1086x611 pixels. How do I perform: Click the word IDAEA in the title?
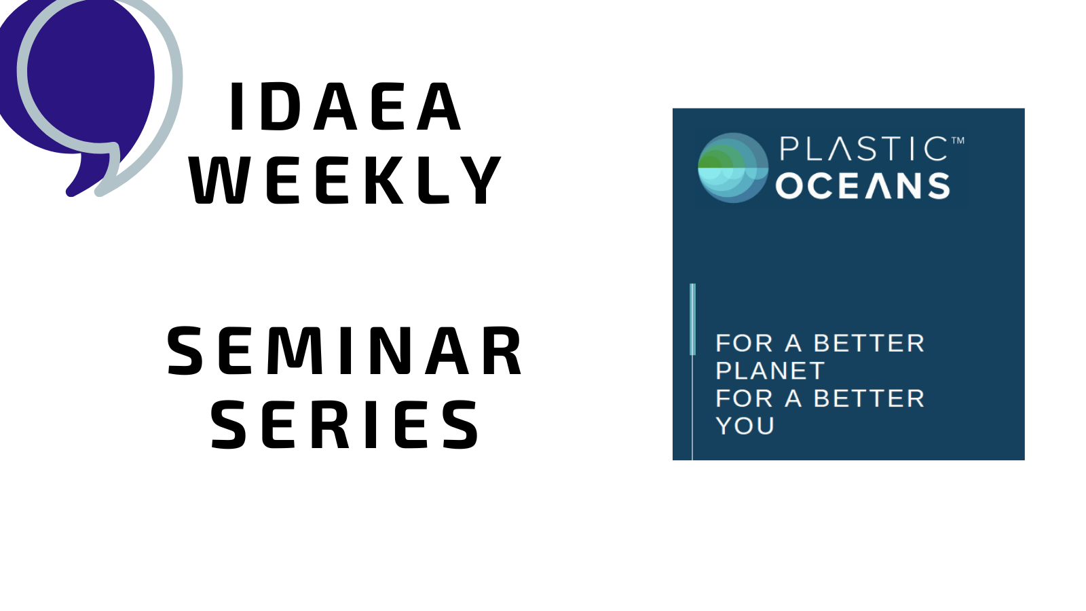(x=345, y=107)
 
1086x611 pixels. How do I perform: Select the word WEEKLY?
(x=345, y=180)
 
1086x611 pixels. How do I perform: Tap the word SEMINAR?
(x=345, y=350)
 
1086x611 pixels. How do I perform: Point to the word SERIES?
(x=345, y=424)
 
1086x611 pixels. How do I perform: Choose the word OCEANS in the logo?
(x=863, y=186)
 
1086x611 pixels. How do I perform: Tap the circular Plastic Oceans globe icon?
(x=733, y=168)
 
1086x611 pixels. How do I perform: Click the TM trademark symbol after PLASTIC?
(x=958, y=141)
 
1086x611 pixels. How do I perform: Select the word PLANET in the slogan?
(x=770, y=371)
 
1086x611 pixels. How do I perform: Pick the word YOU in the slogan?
(x=745, y=426)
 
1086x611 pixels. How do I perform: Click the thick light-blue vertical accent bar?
(x=692, y=319)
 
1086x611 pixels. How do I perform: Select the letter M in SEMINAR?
(x=296, y=350)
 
